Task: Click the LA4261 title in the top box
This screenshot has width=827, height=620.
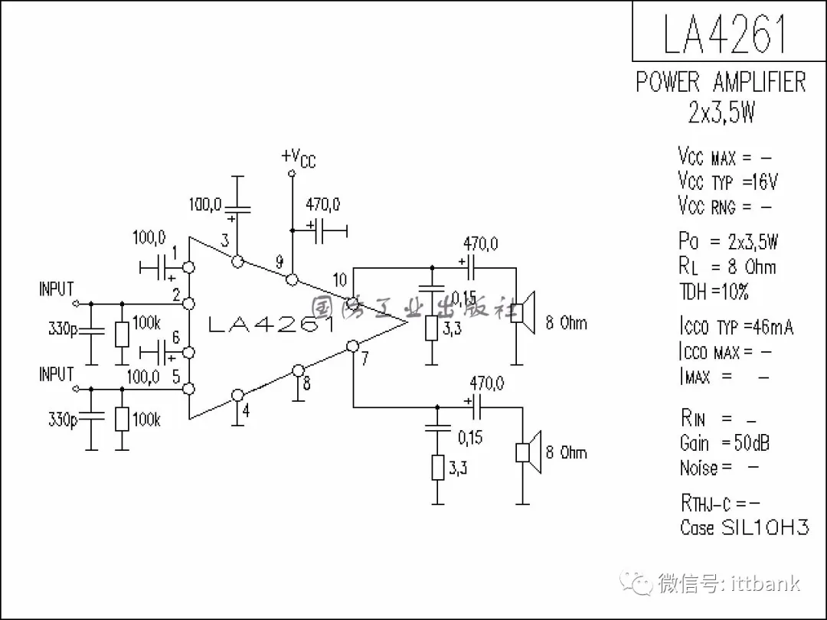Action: pos(724,34)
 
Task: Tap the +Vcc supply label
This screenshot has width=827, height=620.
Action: pos(298,158)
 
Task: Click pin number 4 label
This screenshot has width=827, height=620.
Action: pos(245,410)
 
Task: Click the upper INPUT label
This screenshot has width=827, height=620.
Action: pos(57,289)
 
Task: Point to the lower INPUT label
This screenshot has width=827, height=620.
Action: pos(57,374)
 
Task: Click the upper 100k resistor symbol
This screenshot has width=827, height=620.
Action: pos(121,334)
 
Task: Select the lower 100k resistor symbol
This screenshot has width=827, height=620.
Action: pos(121,420)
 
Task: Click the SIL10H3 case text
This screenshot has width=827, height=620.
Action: pos(765,527)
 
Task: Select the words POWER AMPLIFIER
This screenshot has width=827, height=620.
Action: pos(721,82)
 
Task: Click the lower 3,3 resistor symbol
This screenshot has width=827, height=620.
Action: pos(437,468)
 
